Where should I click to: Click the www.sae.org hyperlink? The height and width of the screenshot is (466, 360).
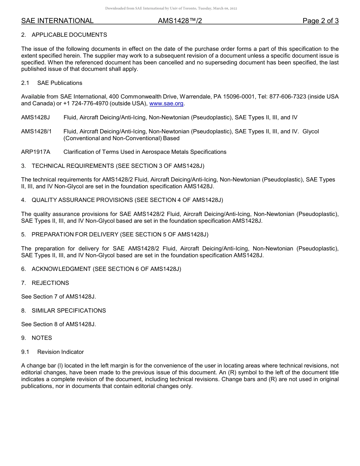166,103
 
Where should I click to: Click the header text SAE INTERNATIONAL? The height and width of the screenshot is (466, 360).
57,21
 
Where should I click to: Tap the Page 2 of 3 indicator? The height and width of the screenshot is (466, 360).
320,21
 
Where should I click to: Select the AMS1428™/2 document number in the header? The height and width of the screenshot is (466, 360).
180,21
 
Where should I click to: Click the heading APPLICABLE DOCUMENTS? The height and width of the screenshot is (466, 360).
69,35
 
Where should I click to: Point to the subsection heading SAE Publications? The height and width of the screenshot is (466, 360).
59,83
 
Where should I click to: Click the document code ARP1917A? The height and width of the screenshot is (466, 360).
36,152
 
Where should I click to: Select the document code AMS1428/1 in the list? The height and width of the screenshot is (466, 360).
36,131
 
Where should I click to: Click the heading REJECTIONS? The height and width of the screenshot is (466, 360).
50,283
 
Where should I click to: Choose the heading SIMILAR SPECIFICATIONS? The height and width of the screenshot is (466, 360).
69,311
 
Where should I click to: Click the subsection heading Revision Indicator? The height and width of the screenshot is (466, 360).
60,352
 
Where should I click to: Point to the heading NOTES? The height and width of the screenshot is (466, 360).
42,338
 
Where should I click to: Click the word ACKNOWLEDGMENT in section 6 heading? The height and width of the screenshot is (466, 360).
61,269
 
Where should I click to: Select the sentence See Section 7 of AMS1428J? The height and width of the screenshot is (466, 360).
58,297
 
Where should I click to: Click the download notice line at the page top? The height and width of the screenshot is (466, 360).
171,8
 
